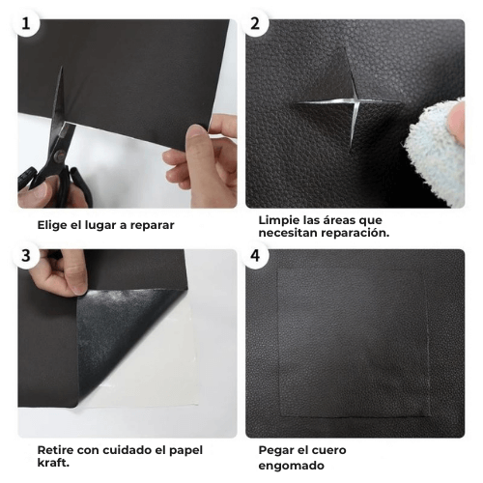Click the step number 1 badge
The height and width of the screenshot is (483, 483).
point(26,23)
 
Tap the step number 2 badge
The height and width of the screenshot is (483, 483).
point(255,23)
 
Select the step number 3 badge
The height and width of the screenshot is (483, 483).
point(26,255)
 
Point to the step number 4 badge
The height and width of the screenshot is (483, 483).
point(255,255)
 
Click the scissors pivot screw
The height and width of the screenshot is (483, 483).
point(58,156)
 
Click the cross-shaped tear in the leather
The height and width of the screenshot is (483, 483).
point(350,102)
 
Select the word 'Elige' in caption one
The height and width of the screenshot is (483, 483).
point(51,225)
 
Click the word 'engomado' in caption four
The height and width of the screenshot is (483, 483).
point(291,466)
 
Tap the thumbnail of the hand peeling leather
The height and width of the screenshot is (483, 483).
point(128,343)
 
